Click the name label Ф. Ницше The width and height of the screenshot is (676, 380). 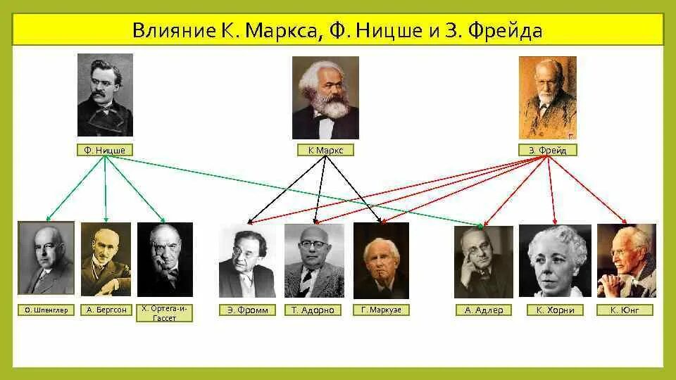104,150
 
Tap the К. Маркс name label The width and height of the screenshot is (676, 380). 325,150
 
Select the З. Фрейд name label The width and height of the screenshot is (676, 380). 547,150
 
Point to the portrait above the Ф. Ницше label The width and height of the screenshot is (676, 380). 105,95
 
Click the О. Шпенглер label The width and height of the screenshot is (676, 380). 46,310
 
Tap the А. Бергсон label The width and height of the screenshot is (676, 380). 106,309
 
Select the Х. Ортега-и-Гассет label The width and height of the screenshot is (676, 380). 165,312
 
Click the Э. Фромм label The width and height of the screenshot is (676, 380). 247,310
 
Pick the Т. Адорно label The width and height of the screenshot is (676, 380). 313,310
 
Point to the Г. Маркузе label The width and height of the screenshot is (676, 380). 381,310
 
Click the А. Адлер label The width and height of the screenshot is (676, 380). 484,310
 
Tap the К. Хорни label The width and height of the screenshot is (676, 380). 555,310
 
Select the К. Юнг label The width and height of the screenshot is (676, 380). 626,310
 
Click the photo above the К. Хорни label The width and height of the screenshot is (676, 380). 555,260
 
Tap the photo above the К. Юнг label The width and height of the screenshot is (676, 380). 626,260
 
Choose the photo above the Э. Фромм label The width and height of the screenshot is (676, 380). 247,260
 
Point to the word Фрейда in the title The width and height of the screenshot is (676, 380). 503,31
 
